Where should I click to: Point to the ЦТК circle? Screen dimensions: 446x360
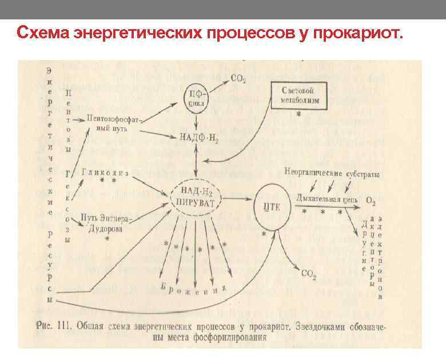(271, 205)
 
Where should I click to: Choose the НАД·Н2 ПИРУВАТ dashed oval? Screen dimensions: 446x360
(198, 198)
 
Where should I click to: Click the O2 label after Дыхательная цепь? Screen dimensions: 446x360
(371, 201)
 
